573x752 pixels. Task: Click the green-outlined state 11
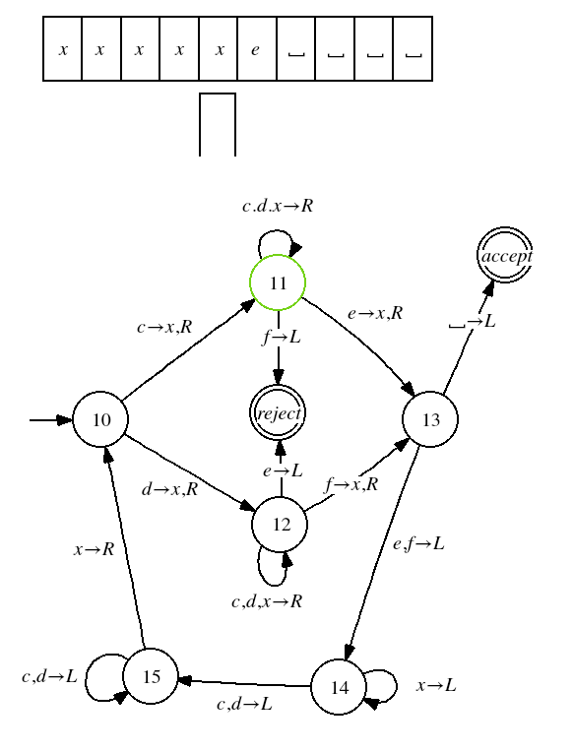(x=278, y=282)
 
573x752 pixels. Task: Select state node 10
(x=100, y=419)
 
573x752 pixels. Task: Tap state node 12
(x=280, y=524)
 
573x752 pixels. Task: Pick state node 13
(x=430, y=419)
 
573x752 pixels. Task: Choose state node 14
(x=339, y=687)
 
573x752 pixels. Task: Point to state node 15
(x=151, y=676)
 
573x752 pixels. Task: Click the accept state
(x=505, y=255)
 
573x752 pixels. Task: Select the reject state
(x=278, y=412)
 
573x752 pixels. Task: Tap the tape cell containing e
(x=257, y=49)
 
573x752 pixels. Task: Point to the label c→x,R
(x=164, y=327)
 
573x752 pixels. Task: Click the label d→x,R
(x=170, y=489)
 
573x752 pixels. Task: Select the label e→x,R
(x=375, y=313)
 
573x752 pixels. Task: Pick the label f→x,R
(x=351, y=484)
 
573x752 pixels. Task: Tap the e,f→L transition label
(x=418, y=544)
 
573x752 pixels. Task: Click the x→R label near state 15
(x=95, y=548)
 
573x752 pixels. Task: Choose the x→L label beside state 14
(x=436, y=685)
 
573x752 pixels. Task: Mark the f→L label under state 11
(x=282, y=338)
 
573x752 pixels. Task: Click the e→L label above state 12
(x=283, y=470)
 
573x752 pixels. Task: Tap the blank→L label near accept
(x=473, y=321)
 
